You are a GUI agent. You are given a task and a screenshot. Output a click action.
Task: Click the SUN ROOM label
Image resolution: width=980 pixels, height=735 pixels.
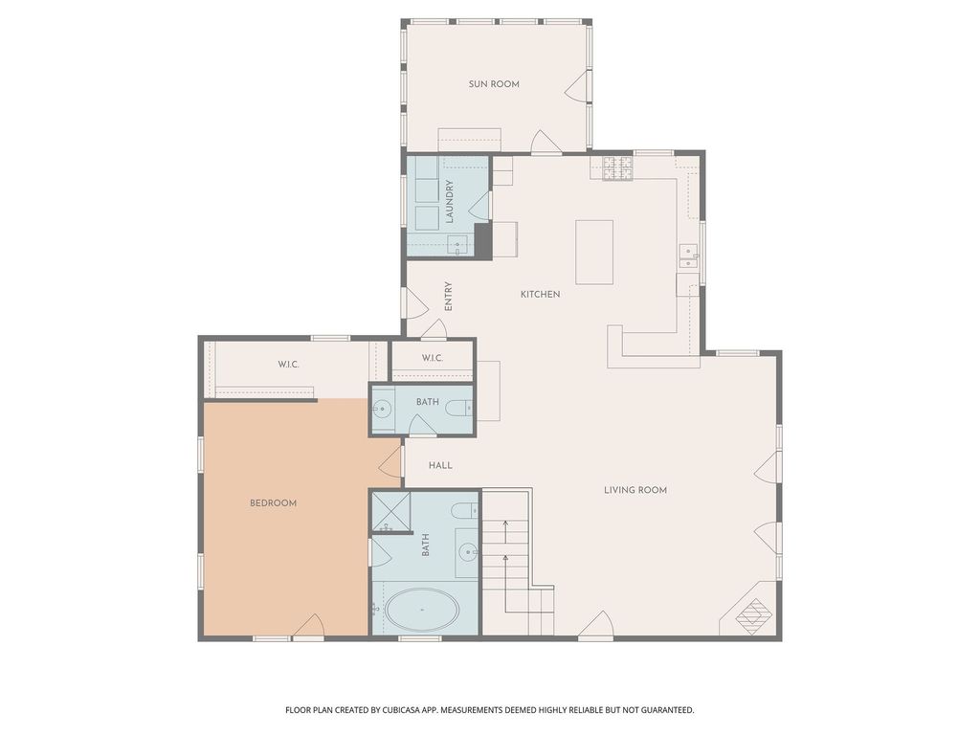494,84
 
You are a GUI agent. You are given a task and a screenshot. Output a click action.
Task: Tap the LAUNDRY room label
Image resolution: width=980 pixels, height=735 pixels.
449,202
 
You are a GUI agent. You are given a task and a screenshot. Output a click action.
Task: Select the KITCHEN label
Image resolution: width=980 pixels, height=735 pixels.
540,294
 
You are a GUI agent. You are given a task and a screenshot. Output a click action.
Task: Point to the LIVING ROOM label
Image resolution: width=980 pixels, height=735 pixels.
635,490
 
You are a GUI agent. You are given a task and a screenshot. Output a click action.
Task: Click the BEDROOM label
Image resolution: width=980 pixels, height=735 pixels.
273,503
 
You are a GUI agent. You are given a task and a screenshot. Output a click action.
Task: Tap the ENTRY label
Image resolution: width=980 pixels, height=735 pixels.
448,297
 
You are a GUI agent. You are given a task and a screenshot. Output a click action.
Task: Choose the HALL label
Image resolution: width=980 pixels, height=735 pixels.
440,466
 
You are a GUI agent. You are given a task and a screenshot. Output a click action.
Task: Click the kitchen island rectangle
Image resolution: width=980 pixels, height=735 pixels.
594,252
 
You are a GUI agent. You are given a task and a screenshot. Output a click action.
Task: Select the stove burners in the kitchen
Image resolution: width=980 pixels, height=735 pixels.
617,167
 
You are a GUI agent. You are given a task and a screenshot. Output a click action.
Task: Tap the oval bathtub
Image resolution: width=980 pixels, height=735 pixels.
422,610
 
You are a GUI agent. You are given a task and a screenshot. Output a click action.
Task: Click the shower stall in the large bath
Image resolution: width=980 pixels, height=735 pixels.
391,512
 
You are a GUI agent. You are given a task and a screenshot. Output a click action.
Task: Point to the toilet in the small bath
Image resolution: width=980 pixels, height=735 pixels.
460,409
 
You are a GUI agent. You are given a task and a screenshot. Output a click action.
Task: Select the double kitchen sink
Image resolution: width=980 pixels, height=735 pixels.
689,256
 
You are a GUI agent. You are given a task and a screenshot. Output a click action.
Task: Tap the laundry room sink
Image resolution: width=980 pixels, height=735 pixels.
460,244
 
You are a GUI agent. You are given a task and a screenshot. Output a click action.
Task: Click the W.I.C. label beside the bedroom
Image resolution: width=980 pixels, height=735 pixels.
288,364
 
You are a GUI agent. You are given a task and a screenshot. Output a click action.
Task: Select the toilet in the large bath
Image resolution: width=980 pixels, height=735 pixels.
465,511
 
